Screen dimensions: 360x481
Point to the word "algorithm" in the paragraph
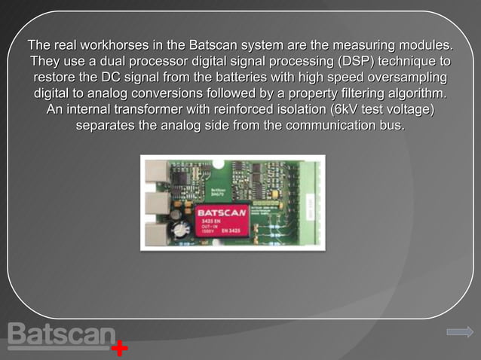click(405, 94)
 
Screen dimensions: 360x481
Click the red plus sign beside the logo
click(119, 349)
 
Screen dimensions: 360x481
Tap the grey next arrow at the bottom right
click(459, 331)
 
